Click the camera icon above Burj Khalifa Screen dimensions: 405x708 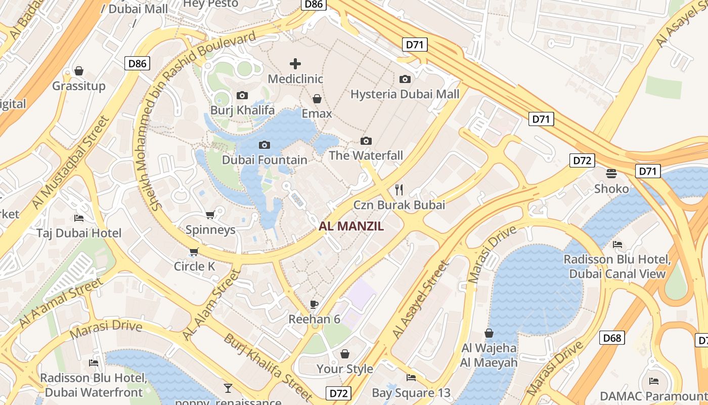pos(242,95)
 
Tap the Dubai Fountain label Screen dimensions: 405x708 pos(264,160)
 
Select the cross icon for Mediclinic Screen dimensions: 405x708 pos(295,63)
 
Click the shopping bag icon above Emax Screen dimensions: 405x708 pos(317,98)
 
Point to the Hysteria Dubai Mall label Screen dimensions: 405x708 pos(405,94)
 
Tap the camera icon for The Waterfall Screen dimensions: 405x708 pos(366,141)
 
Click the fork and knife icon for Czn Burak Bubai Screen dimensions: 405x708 pos(399,190)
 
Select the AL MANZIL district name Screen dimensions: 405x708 pos(351,226)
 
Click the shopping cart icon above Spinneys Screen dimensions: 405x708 pos(210,215)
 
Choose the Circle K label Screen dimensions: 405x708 pos(195,266)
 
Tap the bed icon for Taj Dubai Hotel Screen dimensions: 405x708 pos(79,218)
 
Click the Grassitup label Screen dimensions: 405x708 pos(79,86)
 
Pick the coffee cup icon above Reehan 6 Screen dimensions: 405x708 pos(314,304)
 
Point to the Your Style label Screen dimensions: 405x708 pos(345,369)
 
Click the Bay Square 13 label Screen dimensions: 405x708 pos(411,393)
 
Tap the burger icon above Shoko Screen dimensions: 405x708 pos(611,174)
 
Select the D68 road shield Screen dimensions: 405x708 pos(611,338)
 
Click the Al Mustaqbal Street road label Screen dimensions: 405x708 pos(70,163)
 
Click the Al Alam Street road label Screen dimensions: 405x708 pos(211,305)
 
